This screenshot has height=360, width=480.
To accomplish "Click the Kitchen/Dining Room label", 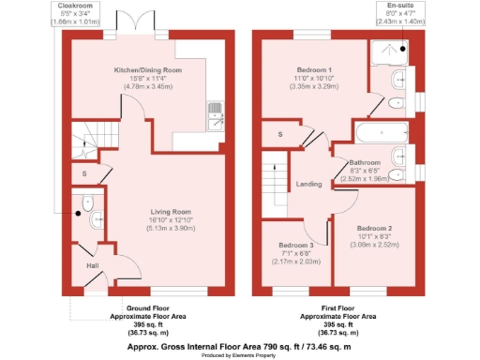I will coord(147,70).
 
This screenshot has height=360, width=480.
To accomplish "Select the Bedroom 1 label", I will coord(295,70).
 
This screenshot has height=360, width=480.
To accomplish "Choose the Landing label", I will coord(310,184).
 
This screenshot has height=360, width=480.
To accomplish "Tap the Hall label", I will coord(93,266).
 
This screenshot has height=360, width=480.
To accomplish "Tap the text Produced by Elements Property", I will coord(240,353).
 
